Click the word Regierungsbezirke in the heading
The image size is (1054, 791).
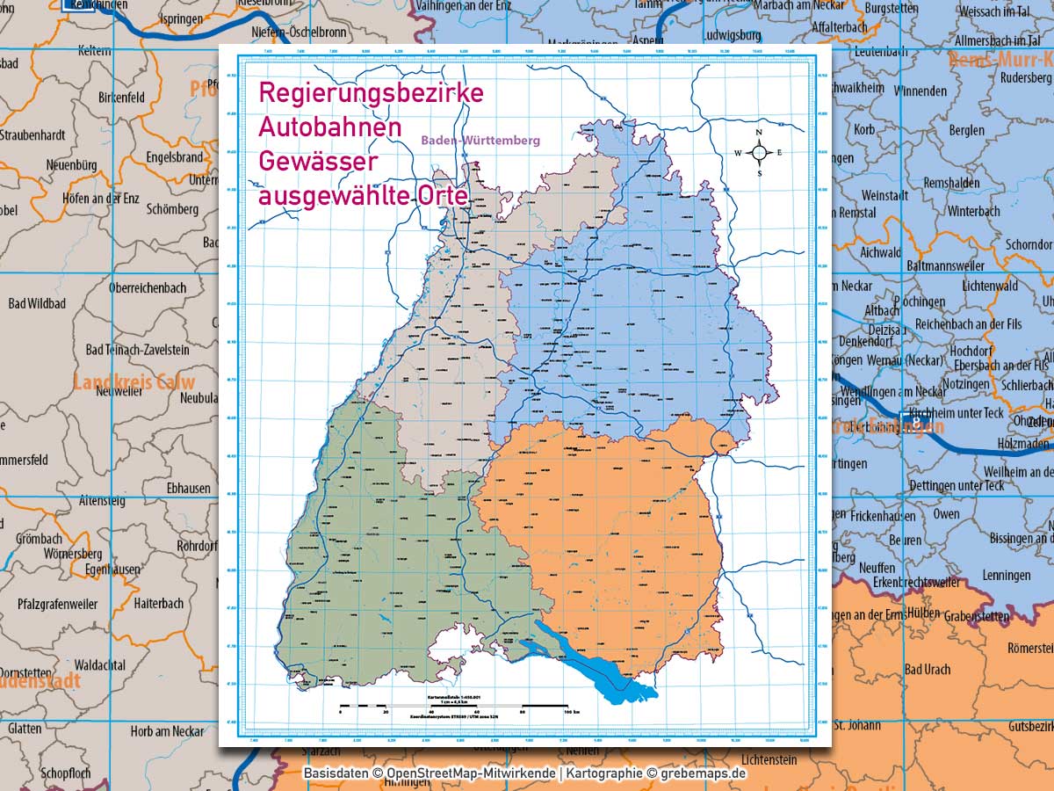coord(370,92)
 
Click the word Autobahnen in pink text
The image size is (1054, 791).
coord(329,127)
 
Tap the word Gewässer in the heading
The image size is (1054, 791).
coord(317,161)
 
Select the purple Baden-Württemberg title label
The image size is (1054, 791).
coord(480,140)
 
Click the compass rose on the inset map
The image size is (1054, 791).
coord(760,153)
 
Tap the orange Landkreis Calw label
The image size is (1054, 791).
coord(134,382)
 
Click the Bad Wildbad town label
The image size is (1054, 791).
coord(37,303)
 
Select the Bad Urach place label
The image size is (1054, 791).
coord(927,670)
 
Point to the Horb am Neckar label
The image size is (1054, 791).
coord(167,731)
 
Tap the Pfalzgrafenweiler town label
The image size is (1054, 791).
coord(59,604)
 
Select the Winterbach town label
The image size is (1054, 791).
coord(973,211)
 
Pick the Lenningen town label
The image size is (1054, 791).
coord(1007,576)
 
